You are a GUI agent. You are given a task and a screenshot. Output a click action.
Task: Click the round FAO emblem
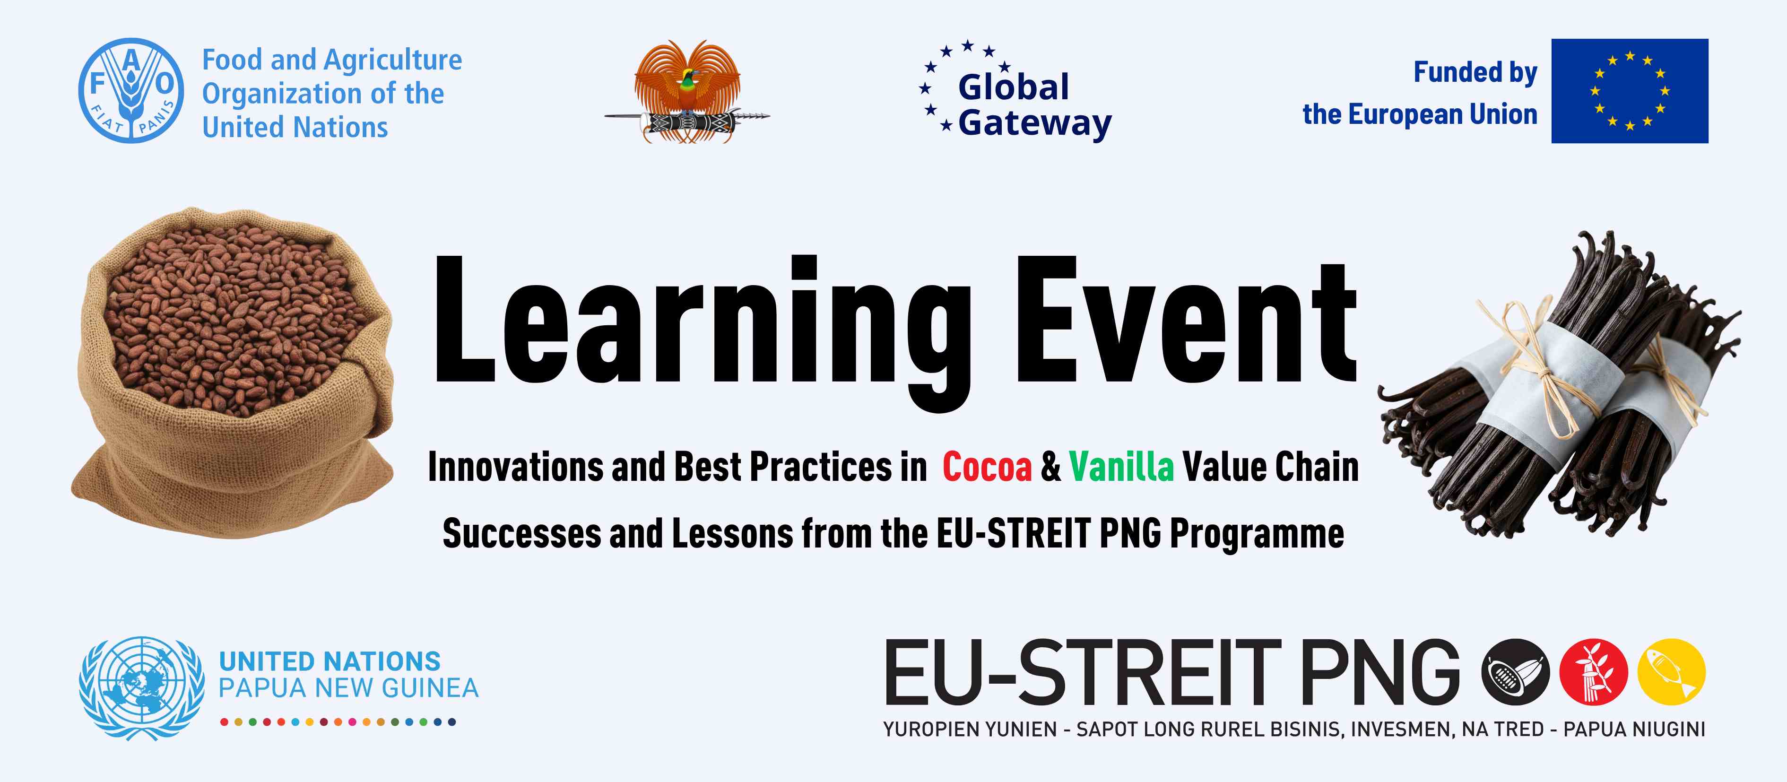tap(131, 90)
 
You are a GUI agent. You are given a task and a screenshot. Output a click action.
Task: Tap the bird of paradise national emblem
tap(687, 90)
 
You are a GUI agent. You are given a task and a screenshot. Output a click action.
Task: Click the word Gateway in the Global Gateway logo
tap(1034, 123)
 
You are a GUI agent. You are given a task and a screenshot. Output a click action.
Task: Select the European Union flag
tap(1630, 91)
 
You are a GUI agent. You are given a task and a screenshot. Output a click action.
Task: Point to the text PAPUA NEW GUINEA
tap(348, 688)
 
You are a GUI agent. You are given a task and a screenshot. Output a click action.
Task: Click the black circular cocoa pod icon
tap(1515, 672)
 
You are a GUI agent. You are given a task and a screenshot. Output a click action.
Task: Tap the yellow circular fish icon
tap(1671, 672)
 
